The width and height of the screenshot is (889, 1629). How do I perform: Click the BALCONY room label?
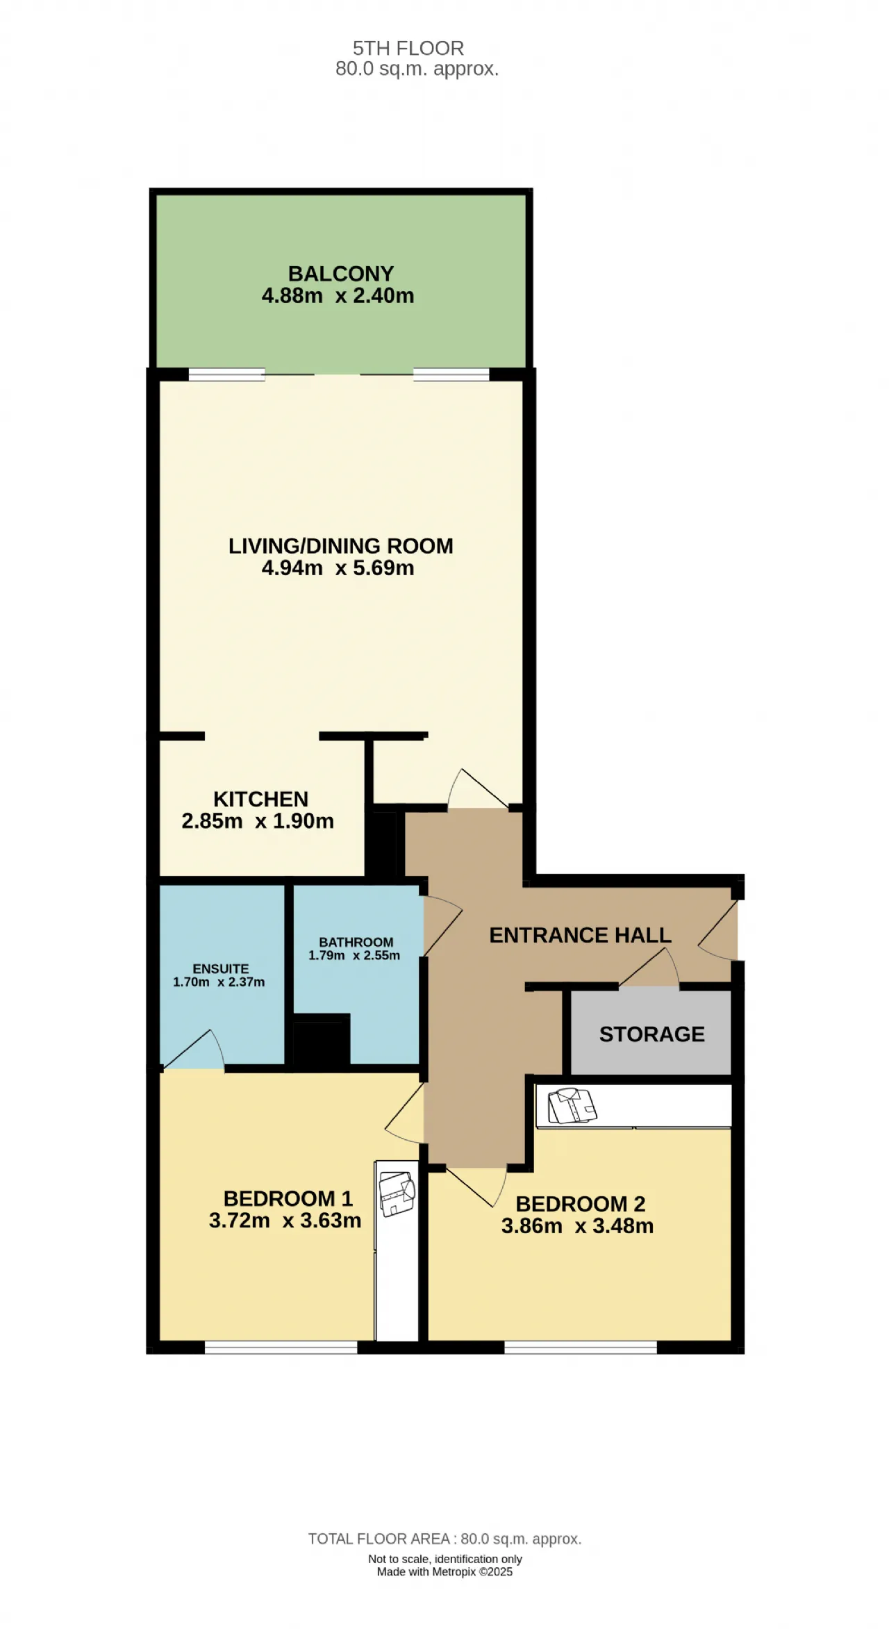pos(341,274)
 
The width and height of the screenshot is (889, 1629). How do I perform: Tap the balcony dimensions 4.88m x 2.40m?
pos(338,296)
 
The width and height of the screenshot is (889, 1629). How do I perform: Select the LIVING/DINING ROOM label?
pos(341,546)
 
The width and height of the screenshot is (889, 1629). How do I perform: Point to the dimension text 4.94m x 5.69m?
pos(338,568)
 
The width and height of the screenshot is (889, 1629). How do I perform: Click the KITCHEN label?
pos(260,799)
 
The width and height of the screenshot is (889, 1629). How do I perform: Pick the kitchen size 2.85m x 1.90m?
pos(258,821)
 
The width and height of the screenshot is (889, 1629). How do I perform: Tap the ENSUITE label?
pos(221,968)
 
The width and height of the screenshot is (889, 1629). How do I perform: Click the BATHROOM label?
pos(356,942)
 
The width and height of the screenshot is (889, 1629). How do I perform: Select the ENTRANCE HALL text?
pos(581,935)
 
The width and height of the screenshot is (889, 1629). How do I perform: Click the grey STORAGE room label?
pos(652,1034)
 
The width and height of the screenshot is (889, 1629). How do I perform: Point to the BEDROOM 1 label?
pos(288,1198)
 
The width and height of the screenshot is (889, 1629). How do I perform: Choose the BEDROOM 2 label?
pos(581,1204)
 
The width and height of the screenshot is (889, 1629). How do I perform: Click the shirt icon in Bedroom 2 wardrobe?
pos(572,1106)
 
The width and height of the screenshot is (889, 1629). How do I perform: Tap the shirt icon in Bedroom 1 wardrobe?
pos(397,1193)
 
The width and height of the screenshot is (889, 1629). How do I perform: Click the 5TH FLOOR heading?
pos(408,48)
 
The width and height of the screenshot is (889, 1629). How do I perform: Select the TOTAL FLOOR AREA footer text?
pos(444,1539)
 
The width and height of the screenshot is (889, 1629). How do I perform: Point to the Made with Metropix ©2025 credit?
pos(444,1572)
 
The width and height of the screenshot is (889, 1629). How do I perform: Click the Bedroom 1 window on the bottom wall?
pos(281,1348)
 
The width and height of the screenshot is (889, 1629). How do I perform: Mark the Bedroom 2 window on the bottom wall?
pos(581,1348)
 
